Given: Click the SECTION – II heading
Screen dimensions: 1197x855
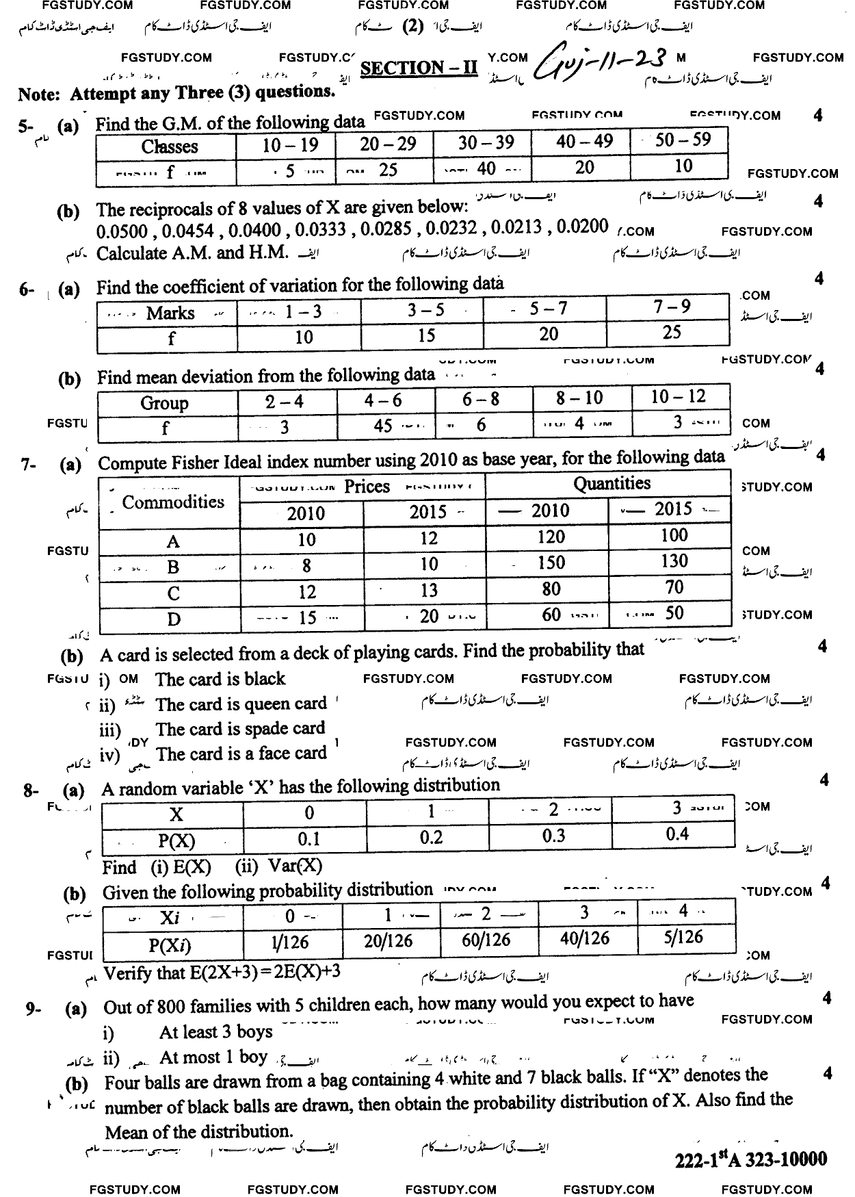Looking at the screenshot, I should tap(419, 68).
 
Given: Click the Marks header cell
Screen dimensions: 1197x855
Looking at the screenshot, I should tap(170, 313).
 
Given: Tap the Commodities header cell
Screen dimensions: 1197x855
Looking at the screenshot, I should tap(172, 502).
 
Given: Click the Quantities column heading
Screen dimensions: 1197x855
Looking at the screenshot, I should tap(611, 484).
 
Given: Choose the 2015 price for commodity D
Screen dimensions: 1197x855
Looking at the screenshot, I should tap(429, 616).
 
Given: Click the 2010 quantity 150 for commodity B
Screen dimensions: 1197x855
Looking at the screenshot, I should tap(551, 563).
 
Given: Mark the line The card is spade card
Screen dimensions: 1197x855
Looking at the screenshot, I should tap(240, 730).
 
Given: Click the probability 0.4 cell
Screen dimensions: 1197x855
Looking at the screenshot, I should tap(676, 834).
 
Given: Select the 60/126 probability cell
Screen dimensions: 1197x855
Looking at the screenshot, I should tap(486, 940).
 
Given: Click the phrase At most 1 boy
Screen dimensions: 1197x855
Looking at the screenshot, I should tap(213, 1057).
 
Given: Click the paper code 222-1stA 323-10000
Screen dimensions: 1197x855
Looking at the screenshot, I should tap(750, 1159).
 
